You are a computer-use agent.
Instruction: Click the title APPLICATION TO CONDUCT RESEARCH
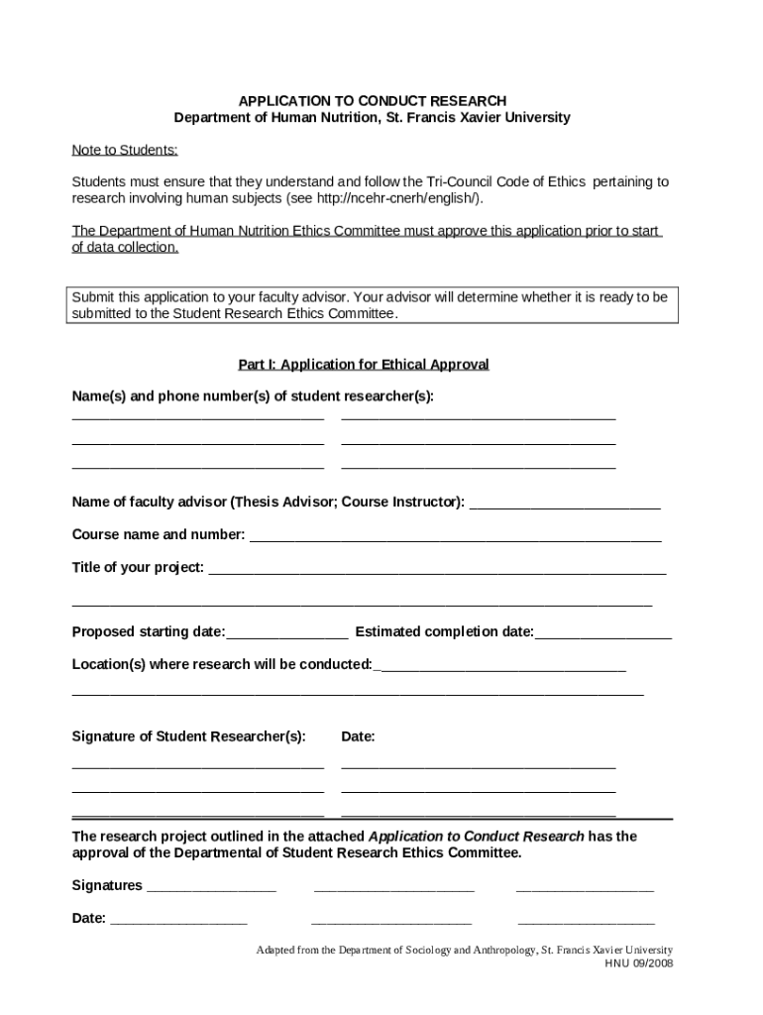coord(372,101)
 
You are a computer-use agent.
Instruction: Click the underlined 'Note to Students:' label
coord(125,150)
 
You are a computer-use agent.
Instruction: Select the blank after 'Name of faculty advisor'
coord(564,504)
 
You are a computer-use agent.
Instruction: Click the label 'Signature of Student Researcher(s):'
coord(188,736)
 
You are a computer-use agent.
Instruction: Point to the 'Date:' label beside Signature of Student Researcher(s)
coord(358,736)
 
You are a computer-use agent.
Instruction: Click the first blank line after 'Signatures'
coord(211,887)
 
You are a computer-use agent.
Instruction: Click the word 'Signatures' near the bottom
coord(107,885)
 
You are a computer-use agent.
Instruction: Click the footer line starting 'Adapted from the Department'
coord(464,949)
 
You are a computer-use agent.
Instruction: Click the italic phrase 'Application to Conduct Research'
coord(477,836)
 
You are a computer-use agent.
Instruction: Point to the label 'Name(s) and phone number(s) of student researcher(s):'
coord(253,396)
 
